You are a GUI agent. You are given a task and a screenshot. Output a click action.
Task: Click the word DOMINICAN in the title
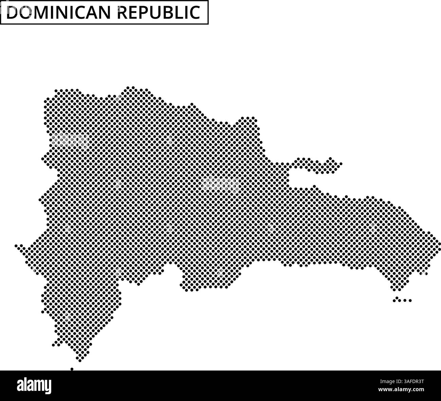[59, 13]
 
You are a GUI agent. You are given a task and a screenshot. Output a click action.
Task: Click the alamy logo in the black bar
[34, 385]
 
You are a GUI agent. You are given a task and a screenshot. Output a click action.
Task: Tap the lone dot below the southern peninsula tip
[72, 369]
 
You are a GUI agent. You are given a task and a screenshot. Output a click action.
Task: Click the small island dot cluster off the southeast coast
[402, 300]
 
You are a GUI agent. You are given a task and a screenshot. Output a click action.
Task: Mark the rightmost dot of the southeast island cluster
[410, 300]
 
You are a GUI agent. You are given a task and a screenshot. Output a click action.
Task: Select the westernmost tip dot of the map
[16, 245]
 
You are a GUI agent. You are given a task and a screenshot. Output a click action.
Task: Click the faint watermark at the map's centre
[220, 184]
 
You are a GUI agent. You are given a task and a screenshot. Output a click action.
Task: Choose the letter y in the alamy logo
[48, 387]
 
